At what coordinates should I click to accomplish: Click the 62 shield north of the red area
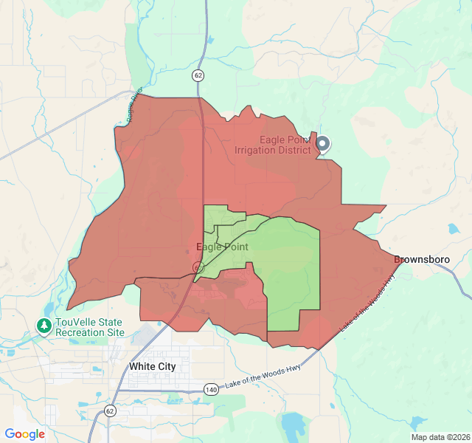click(198, 75)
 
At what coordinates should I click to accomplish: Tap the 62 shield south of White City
click(110, 411)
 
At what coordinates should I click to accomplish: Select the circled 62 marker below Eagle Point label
click(198, 267)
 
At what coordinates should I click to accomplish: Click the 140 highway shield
click(212, 389)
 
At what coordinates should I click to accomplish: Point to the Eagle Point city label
click(222, 247)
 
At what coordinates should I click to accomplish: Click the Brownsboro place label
click(422, 260)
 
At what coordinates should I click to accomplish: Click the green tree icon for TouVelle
click(45, 325)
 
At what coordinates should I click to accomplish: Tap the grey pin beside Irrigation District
click(322, 143)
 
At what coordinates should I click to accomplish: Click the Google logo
click(24, 434)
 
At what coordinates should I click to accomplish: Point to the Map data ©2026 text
click(440, 437)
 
